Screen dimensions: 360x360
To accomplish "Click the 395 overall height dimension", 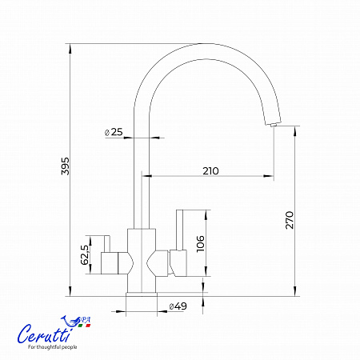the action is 66,166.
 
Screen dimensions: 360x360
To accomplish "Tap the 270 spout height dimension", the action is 290,220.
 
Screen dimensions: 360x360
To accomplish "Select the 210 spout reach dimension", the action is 210,171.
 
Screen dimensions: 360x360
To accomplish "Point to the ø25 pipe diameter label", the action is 114,132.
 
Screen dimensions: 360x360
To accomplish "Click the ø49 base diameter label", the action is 178,306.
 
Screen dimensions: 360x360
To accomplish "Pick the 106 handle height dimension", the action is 200,243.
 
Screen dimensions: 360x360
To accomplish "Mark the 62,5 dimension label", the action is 85,254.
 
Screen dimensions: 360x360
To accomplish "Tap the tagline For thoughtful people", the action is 53,347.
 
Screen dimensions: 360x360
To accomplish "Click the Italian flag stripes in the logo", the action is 84,326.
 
